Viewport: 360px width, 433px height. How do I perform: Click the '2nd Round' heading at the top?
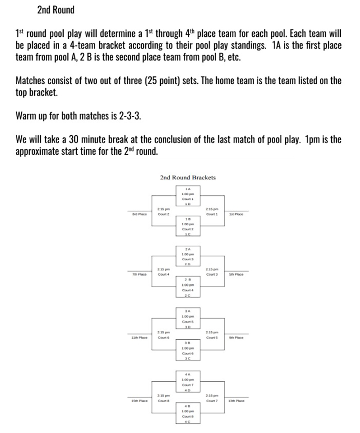[55, 10]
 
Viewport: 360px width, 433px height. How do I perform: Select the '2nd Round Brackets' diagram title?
[187, 177]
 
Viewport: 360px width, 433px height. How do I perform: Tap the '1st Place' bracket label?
[236, 214]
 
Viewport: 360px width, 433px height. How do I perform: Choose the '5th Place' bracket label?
[236, 274]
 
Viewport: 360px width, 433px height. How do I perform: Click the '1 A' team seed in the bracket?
[188, 189]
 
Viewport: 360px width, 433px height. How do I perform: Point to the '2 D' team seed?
[188, 264]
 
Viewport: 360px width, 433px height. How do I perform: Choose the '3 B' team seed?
[188, 342]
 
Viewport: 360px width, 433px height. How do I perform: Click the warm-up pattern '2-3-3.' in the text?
[130, 116]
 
